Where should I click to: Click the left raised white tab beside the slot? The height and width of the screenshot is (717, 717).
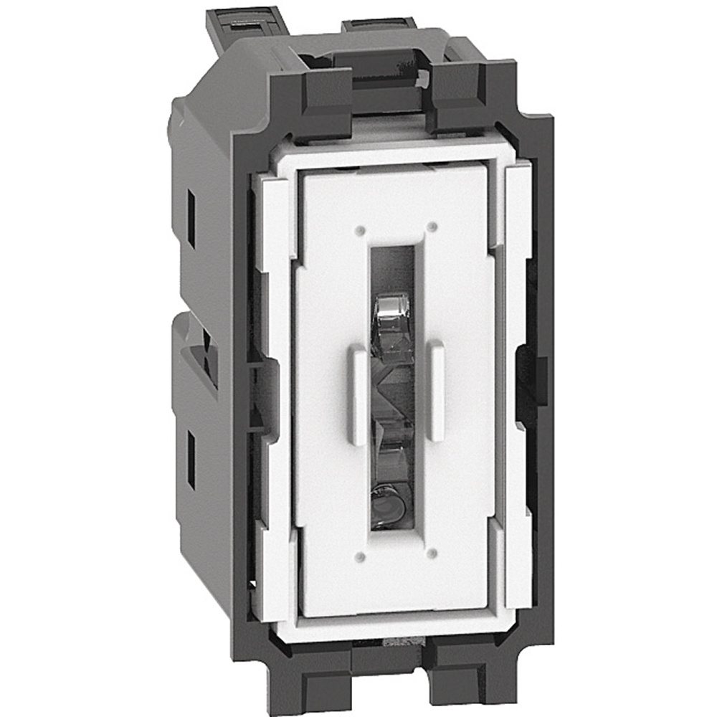(358, 394)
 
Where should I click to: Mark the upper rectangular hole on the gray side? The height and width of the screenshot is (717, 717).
(191, 219)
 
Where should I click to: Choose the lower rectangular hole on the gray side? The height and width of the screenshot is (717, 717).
(191, 459)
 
